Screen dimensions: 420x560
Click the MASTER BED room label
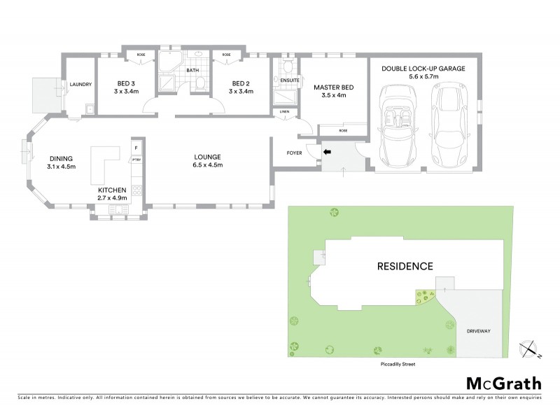(333, 87)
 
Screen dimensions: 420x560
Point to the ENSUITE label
(289, 80)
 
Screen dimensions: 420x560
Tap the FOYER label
(293, 153)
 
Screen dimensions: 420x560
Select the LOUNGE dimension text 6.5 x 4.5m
(209, 166)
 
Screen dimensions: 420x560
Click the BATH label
(193, 71)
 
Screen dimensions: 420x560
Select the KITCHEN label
(112, 190)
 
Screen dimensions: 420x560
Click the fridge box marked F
(136, 148)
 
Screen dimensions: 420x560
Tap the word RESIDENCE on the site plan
(406, 266)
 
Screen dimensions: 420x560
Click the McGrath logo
(503, 383)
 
